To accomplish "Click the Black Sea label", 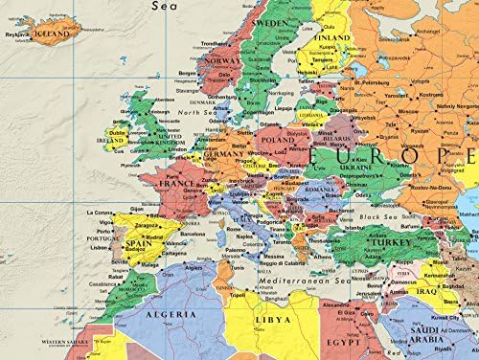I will tap(370, 217).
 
